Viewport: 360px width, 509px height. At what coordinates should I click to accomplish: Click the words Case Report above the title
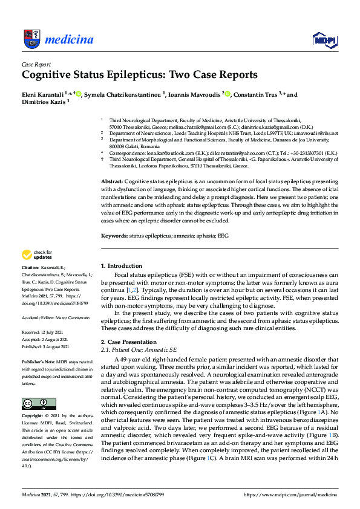click(x=36, y=64)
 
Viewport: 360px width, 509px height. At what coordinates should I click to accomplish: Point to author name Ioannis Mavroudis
click(x=194, y=94)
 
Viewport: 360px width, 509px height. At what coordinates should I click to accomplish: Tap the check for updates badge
click(x=38, y=255)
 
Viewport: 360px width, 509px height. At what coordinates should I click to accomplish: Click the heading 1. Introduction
click(x=121, y=265)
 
